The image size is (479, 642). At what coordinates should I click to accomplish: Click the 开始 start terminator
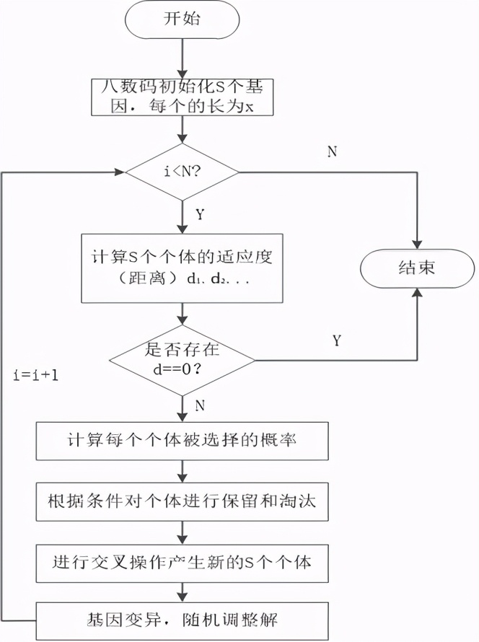pyautogui.click(x=183, y=20)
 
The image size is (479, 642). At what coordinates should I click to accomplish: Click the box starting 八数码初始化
pyautogui.click(x=183, y=96)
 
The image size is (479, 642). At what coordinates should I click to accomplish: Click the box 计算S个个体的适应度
pyautogui.click(x=183, y=268)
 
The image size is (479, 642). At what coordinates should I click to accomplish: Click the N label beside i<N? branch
pyautogui.click(x=332, y=151)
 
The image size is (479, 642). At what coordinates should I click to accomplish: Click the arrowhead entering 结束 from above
pyautogui.click(x=417, y=244)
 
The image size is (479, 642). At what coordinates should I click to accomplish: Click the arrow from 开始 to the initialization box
pyautogui.click(x=183, y=58)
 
